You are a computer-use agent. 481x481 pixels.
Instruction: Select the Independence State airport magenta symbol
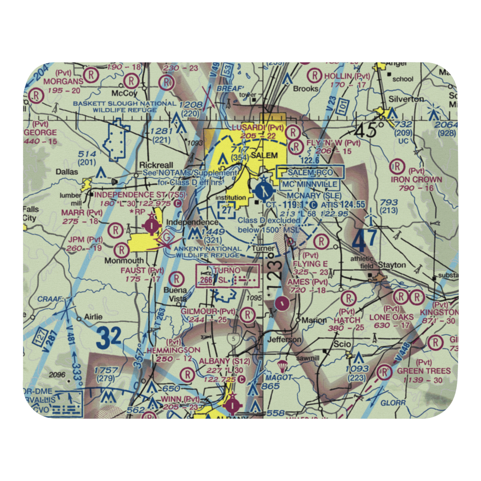coord(152,224)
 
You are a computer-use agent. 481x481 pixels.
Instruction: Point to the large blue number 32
coord(108,338)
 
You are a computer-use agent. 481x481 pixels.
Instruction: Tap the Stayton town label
coord(392,265)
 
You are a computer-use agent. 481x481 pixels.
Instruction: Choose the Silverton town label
coord(406,99)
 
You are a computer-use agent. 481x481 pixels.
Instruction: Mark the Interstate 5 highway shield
coord(233,340)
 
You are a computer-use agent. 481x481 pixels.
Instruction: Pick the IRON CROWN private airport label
coord(417,179)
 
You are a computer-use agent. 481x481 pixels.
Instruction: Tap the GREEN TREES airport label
coord(423,371)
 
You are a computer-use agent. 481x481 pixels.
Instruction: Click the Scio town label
coord(342,345)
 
